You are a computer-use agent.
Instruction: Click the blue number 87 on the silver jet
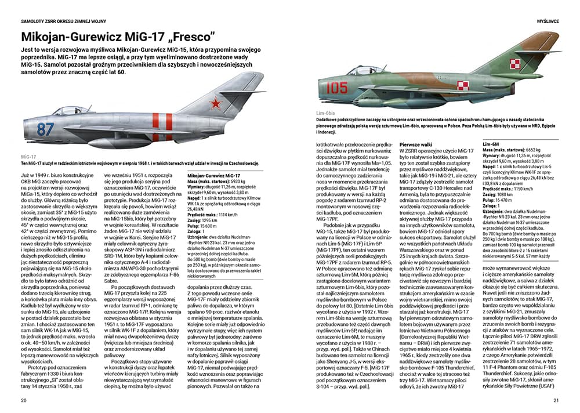tap(45, 129)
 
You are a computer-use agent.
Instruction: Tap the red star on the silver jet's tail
tap(216, 104)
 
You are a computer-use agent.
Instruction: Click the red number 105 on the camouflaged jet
tap(337, 88)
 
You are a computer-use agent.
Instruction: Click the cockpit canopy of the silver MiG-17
tap(70, 110)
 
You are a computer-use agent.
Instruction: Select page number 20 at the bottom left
tap(24, 400)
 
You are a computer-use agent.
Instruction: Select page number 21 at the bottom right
tap(556, 400)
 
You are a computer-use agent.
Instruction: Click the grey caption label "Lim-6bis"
tap(326, 112)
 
